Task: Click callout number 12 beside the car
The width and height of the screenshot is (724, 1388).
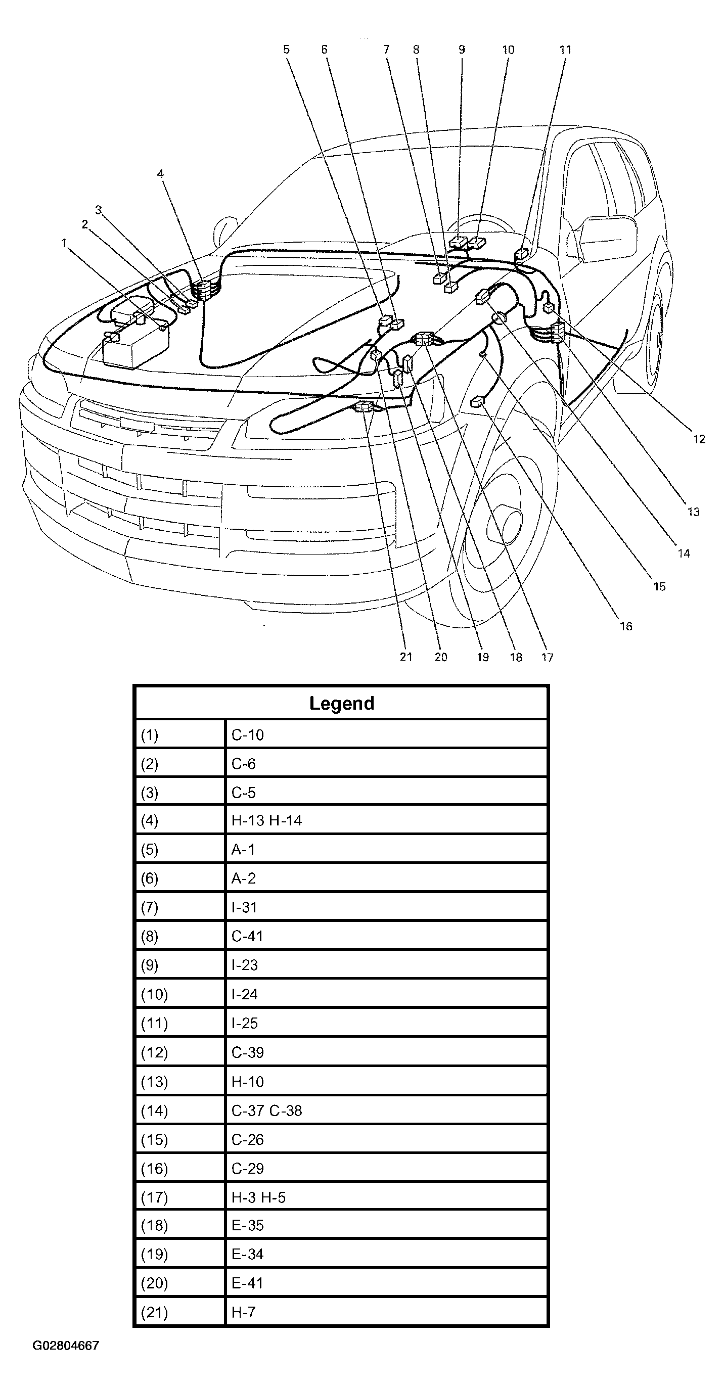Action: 699,439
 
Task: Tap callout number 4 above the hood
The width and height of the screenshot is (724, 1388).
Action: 160,173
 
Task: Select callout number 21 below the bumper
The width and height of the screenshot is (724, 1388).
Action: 406,657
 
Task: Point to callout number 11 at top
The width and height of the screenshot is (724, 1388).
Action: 565,50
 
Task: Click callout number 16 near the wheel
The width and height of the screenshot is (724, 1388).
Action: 625,626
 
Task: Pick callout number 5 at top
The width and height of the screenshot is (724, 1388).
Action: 286,50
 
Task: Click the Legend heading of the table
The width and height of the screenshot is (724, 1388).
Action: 341,703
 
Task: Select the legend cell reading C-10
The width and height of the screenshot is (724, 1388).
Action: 247,735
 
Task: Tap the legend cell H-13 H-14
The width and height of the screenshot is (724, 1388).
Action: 266,820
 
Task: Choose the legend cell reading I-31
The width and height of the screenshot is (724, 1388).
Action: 244,907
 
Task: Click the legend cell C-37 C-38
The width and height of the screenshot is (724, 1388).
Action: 266,1111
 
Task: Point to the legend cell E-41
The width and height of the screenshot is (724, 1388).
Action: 247,1283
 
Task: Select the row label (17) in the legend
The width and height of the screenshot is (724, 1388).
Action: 154,1197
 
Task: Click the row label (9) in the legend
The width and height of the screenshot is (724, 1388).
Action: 149,965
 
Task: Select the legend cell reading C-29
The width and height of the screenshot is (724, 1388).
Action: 247,1168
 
